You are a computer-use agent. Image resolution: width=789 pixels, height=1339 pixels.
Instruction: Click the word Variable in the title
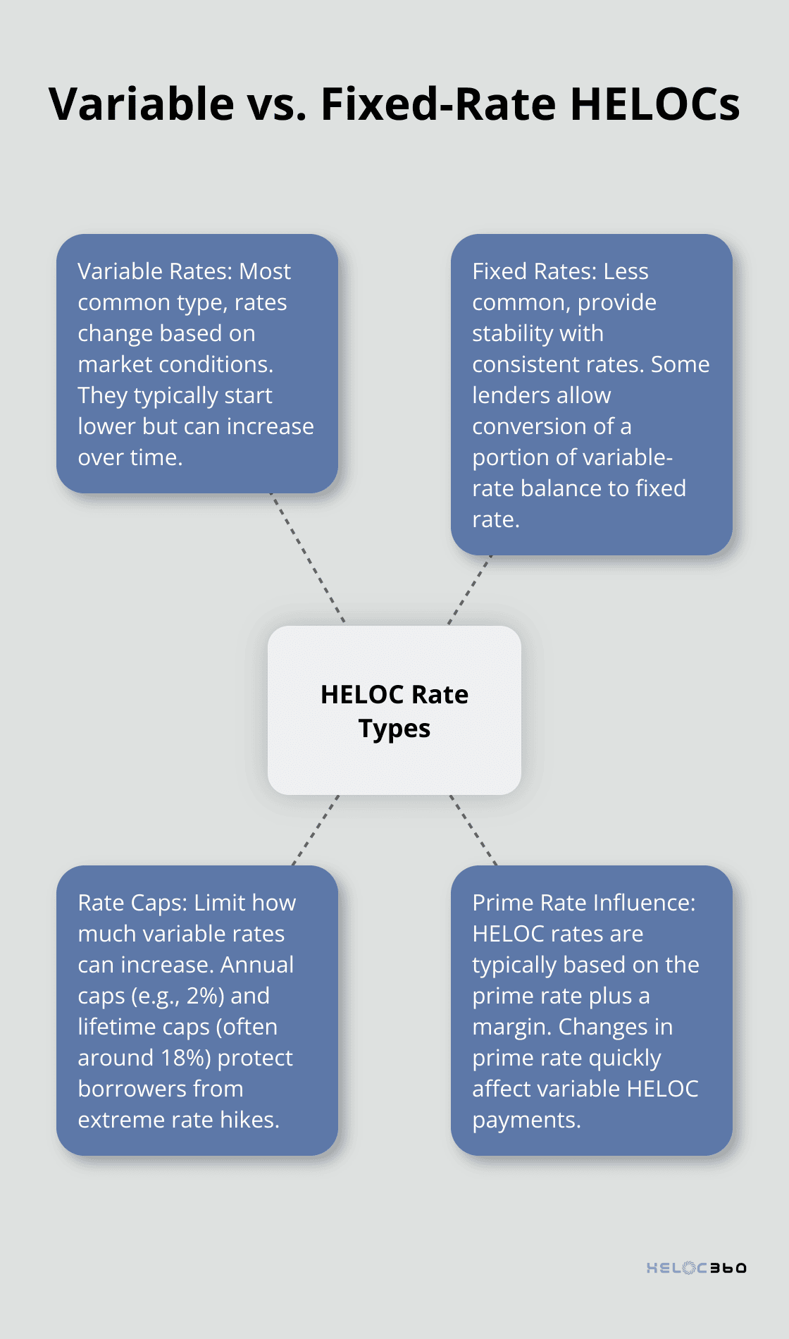(142, 104)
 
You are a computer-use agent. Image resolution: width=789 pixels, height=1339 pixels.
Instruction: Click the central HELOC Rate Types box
(394, 710)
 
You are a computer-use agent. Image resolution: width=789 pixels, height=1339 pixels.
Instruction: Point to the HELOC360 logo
(696, 1268)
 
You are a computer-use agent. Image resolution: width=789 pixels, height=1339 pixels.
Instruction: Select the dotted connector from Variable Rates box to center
(309, 558)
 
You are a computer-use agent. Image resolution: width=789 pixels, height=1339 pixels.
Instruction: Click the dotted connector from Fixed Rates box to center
(470, 589)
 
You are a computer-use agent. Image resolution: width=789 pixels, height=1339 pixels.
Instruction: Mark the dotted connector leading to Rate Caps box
(316, 830)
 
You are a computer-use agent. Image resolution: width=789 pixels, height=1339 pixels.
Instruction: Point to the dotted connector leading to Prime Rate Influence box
(473, 830)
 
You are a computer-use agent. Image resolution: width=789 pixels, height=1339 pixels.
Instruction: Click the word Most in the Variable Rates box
(265, 271)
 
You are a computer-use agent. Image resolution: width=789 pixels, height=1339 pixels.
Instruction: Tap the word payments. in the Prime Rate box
(526, 1120)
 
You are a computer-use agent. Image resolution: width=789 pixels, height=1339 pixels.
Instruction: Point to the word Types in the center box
(394, 729)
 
